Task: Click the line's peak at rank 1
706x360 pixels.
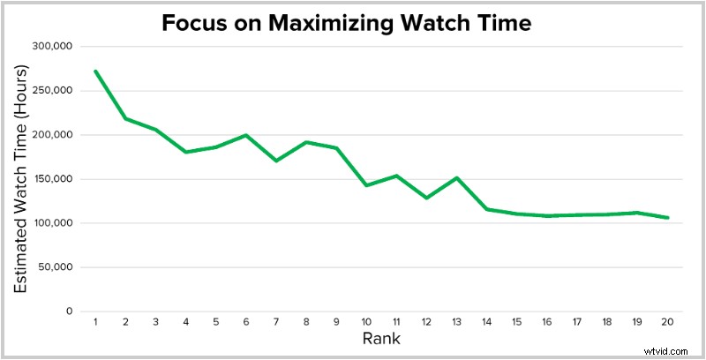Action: click(x=94, y=71)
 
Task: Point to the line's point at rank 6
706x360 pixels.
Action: click(x=245, y=135)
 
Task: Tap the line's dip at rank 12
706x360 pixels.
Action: click(x=426, y=198)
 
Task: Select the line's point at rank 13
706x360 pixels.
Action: click(x=457, y=177)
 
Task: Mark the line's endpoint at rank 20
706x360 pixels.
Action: click(x=668, y=217)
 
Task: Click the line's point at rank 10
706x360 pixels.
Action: click(x=366, y=185)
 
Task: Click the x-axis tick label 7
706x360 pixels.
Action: click(x=276, y=323)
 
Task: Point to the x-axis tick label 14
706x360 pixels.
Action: click(x=487, y=323)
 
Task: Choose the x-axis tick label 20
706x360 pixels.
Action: click(x=668, y=323)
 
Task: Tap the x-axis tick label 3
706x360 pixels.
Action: click(x=155, y=323)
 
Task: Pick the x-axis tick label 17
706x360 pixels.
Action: click(x=577, y=323)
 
